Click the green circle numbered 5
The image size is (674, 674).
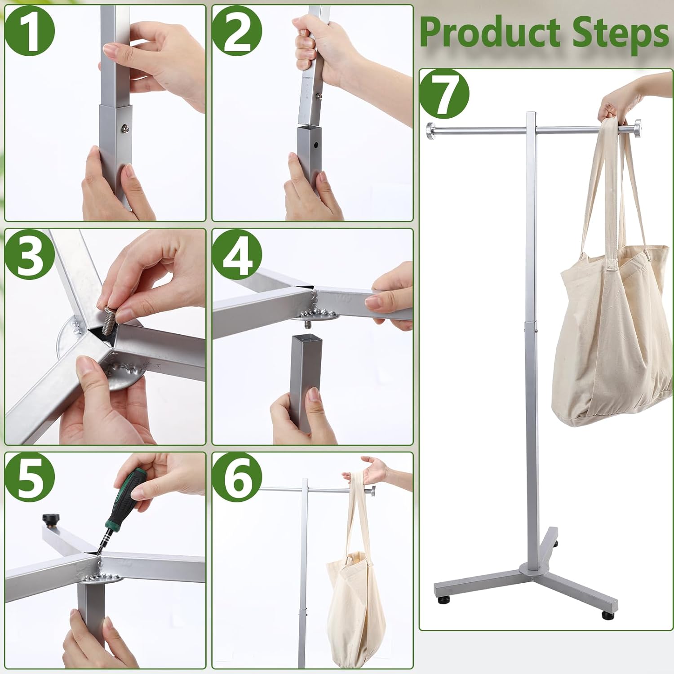coord(30,479)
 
